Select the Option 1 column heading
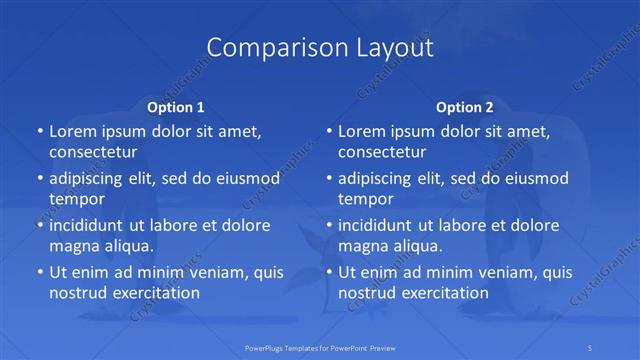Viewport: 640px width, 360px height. click(175, 107)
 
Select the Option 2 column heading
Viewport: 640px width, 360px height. click(465, 107)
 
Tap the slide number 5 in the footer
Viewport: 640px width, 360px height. click(591, 347)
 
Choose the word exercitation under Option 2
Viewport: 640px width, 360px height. click(440, 293)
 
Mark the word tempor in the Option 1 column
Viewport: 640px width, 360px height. click(77, 199)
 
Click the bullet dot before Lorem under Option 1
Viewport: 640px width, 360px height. click(38, 132)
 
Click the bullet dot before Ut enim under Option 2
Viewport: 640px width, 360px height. click(328, 272)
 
